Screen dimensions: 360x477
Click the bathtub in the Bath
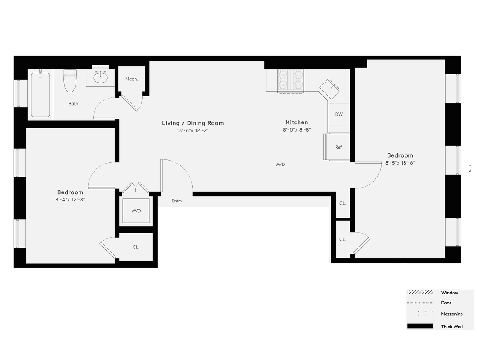[40, 95]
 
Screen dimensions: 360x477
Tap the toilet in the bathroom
[70, 81]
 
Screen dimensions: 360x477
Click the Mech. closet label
[132, 79]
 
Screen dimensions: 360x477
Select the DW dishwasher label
[339, 115]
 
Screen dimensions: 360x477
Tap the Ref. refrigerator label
[339, 147]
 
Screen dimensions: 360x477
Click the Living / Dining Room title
[193, 123]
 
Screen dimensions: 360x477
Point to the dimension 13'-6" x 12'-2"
[193, 130]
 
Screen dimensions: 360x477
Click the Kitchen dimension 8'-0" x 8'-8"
[297, 129]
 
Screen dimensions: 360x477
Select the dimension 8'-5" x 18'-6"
[400, 163]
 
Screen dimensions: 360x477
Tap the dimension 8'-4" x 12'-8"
[70, 200]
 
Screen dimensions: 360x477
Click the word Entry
[177, 201]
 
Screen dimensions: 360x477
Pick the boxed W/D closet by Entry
[136, 211]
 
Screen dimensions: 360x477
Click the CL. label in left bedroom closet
[136, 247]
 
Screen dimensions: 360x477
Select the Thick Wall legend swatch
[420, 326]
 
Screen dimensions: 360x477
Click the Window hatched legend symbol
[420, 293]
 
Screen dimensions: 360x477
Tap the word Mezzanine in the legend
[452, 314]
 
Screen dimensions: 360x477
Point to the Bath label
[73, 104]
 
